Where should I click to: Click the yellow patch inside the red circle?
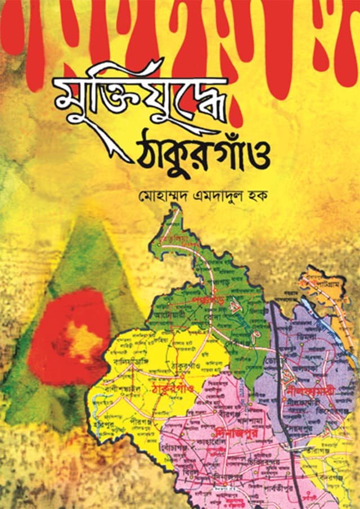pyautogui.click(x=82, y=341)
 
